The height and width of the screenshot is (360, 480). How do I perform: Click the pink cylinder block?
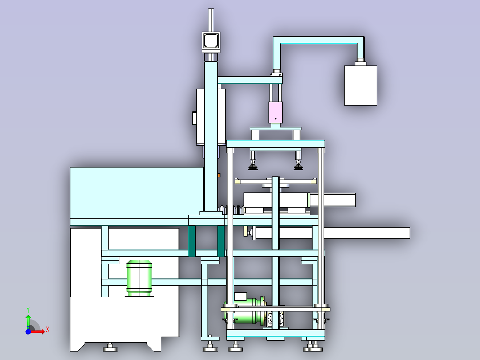(x=276, y=112)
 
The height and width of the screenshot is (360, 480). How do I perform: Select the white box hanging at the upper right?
(x=361, y=86)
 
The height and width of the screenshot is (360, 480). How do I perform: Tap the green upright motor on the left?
(x=139, y=278)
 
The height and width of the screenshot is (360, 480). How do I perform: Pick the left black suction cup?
(x=253, y=167)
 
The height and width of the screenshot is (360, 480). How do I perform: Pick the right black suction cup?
(x=298, y=167)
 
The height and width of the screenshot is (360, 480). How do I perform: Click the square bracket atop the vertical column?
(x=211, y=42)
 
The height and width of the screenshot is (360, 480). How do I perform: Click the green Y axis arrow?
(x=28, y=322)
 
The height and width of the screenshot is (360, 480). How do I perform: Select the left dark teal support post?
(x=192, y=241)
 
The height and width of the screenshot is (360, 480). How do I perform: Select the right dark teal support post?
(x=221, y=241)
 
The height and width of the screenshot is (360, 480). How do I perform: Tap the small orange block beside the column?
(x=219, y=175)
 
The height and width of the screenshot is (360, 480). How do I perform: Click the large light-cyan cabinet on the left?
(x=137, y=193)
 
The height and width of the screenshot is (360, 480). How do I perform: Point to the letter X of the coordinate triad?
(x=48, y=330)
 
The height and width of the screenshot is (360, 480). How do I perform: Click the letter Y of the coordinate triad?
(x=28, y=310)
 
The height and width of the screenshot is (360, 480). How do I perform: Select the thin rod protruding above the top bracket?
(x=211, y=20)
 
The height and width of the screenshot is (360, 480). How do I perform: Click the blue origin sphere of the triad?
(x=28, y=331)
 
